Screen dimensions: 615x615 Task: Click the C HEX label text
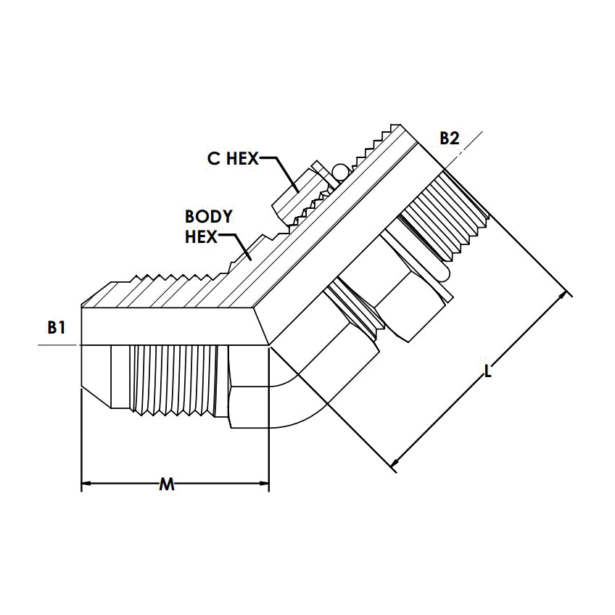click(x=232, y=159)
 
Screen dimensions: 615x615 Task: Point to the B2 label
click(x=450, y=139)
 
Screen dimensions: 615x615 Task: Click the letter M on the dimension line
click(x=167, y=484)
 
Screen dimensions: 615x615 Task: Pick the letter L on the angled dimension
click(x=488, y=372)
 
